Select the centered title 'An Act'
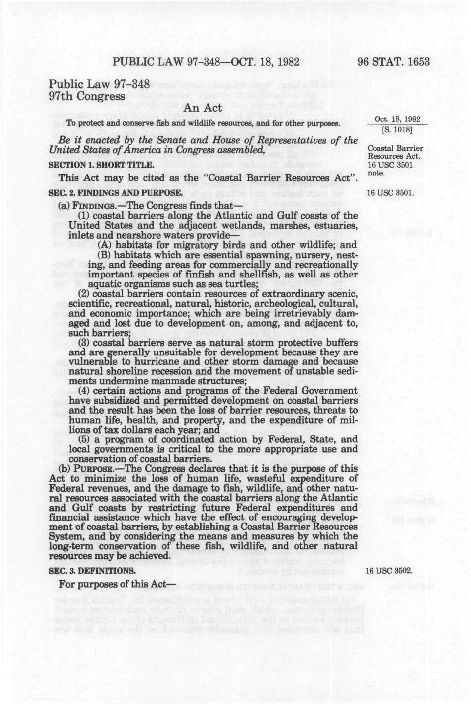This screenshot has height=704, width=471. coord(203,108)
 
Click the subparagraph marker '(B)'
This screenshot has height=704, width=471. coord(104,255)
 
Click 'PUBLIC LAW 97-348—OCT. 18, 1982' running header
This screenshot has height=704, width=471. coord(206,62)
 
